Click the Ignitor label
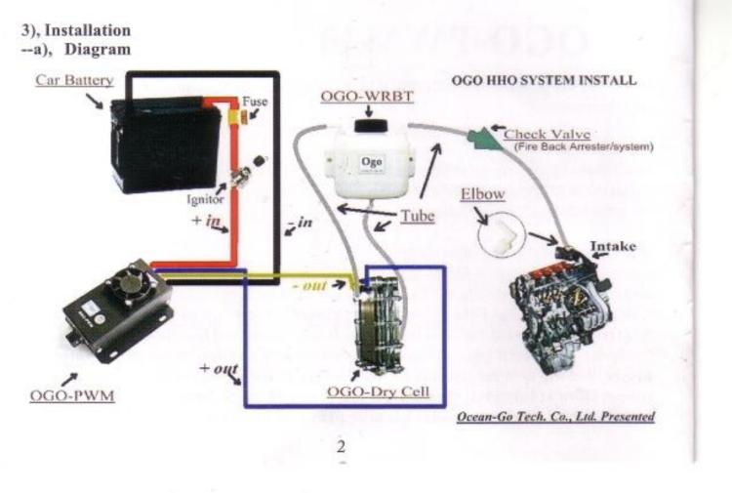tap(206, 199)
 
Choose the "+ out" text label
tap(219, 368)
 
